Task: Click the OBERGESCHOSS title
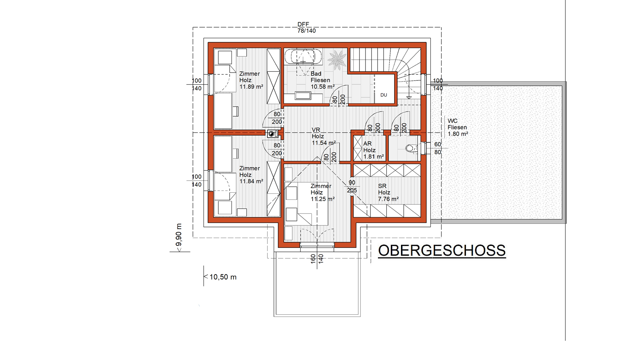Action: coord(442,251)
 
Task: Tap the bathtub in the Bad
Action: coord(303,57)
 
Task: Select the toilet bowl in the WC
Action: coord(410,148)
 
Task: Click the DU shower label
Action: coord(384,95)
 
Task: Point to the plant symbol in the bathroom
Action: coord(337,59)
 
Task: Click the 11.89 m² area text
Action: coord(251,87)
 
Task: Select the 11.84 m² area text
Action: coord(251,181)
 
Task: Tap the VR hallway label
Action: coord(316,130)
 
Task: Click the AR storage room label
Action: coord(367,144)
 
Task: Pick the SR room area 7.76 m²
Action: coord(388,199)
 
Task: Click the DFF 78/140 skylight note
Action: coord(306,28)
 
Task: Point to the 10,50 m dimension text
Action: coord(223,277)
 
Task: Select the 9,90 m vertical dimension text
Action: coord(179,235)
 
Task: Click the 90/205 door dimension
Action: coord(352,187)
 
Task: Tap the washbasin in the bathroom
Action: coord(302,96)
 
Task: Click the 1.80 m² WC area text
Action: coord(458,134)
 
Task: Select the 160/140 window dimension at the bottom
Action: coord(317,259)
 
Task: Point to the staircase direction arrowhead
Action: coord(409,98)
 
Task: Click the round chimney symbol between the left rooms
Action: coord(272,134)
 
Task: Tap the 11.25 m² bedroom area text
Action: coord(322,199)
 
